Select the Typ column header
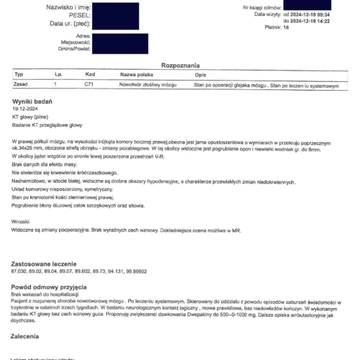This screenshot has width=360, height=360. (x=19, y=74)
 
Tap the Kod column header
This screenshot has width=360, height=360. (x=89, y=74)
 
